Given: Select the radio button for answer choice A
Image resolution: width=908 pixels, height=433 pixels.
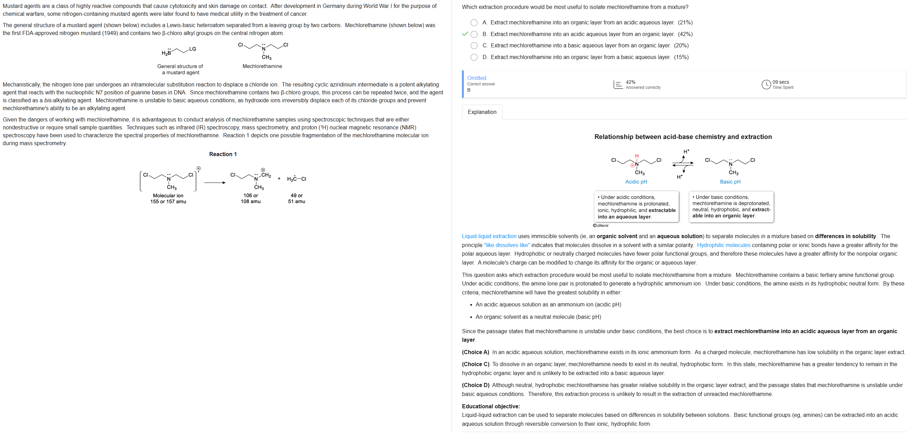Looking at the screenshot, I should click(x=474, y=23).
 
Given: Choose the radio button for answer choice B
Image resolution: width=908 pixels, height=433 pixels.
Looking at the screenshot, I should click(x=474, y=34).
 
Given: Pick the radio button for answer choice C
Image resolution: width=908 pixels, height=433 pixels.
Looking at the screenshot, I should click(x=474, y=46).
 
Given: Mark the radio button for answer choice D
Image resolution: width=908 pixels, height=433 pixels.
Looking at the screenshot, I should click(x=474, y=57).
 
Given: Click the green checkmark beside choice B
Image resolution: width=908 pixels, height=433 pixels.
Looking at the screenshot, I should click(x=465, y=34).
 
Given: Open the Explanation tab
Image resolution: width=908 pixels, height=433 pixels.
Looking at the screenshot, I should click(x=482, y=112).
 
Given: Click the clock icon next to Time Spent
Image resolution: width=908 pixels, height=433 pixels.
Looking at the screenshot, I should click(x=766, y=85).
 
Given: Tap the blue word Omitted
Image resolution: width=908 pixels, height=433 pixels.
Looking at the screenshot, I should click(x=476, y=78).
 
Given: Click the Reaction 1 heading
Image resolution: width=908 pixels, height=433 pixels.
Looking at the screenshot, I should click(x=223, y=154).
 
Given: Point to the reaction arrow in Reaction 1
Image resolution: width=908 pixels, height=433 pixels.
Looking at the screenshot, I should click(x=215, y=183).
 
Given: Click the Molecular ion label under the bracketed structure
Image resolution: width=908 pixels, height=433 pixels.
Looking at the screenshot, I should click(x=168, y=196).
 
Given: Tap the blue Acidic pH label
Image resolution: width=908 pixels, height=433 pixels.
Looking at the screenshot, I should click(x=636, y=182).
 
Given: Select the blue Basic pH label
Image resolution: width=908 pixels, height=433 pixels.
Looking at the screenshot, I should click(x=730, y=182).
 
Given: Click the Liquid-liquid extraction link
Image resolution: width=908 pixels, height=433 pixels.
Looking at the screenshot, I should click(x=489, y=236).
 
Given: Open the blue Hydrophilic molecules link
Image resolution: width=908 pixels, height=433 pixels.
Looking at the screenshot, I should click(x=723, y=245).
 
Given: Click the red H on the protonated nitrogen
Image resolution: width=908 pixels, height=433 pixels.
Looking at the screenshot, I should click(x=637, y=156).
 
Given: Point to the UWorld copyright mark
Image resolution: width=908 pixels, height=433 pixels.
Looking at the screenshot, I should click(x=600, y=225).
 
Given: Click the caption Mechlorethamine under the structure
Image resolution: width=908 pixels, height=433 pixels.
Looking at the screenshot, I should click(x=262, y=66).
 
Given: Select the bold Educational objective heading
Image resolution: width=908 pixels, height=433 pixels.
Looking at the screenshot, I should click(x=491, y=407).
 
